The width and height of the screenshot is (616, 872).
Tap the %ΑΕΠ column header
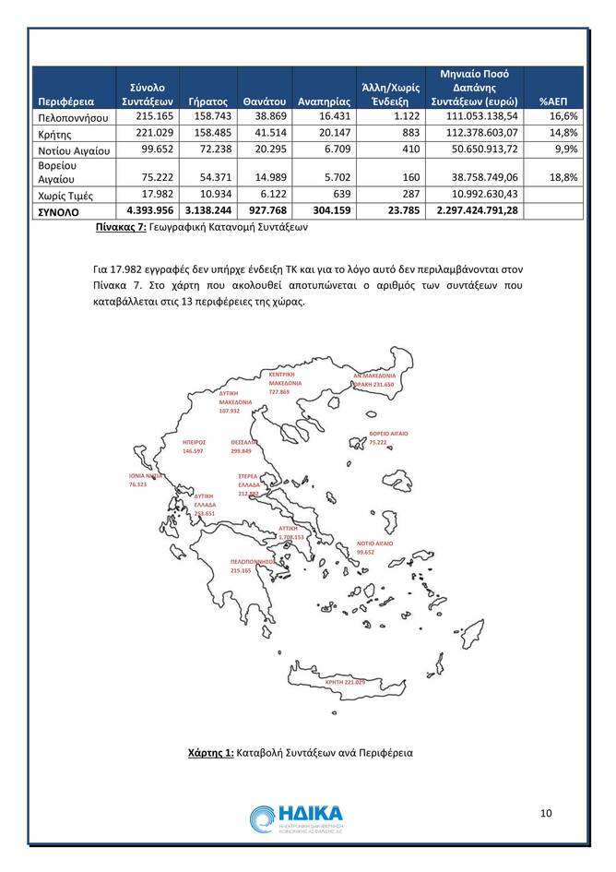point(557,101)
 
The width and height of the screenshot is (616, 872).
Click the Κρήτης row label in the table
point(53,133)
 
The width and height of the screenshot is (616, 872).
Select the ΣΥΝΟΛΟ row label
point(58,211)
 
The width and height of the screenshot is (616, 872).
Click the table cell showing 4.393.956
point(146,210)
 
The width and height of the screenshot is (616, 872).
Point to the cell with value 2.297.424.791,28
point(472,210)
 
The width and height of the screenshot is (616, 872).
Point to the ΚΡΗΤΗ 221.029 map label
point(347,682)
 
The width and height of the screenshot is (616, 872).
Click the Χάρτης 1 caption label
point(210,753)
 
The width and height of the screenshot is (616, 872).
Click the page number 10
point(546,813)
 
